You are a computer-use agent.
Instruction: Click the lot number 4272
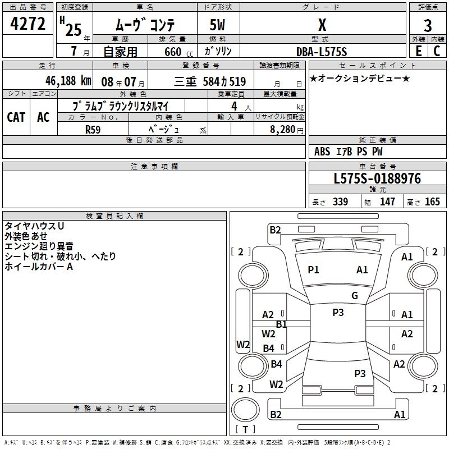point(28,24)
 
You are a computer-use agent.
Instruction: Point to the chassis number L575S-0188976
point(377,179)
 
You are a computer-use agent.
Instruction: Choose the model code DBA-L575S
point(322,52)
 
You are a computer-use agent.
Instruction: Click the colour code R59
point(93,129)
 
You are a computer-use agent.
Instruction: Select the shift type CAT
point(16,117)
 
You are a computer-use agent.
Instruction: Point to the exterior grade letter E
point(418,51)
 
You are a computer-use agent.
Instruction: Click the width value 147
point(387,202)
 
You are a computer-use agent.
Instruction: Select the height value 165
point(432,202)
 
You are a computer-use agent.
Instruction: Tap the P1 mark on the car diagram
point(313,270)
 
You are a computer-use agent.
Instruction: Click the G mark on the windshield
point(355,296)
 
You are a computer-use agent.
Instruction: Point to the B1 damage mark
point(281,324)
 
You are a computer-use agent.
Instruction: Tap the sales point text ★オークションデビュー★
point(360,79)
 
